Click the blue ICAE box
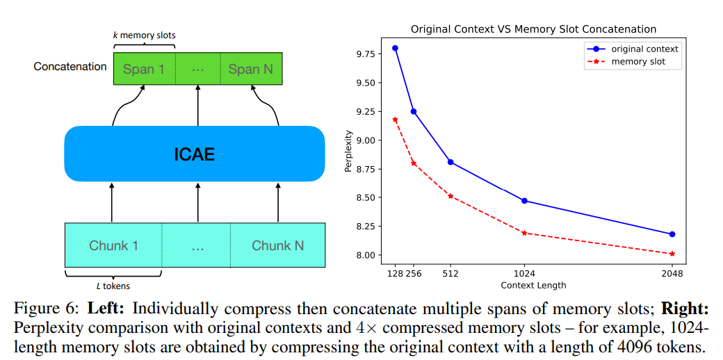click(x=195, y=154)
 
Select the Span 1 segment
click(x=144, y=69)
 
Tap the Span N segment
click(x=250, y=69)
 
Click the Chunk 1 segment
click(x=113, y=245)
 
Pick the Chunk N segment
click(x=277, y=245)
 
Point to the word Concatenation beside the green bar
click(x=70, y=67)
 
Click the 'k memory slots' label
click(x=144, y=35)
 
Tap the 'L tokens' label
click(x=113, y=286)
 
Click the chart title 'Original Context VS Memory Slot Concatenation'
click(x=533, y=29)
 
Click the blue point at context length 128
click(x=395, y=48)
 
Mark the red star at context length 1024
click(x=524, y=233)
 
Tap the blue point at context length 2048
click(x=672, y=234)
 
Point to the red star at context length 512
click(x=450, y=196)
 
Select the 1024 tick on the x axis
click(x=524, y=274)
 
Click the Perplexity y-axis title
click(x=348, y=151)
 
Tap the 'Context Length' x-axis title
click(x=533, y=285)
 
